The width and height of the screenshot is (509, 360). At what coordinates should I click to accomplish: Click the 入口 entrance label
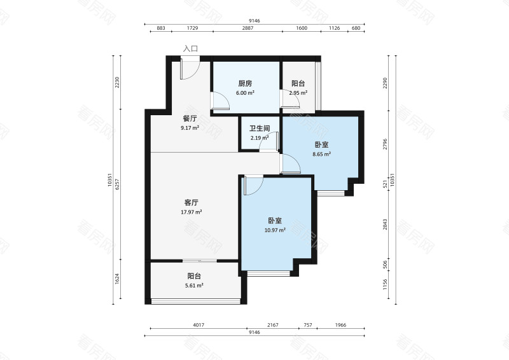(x=190, y=49)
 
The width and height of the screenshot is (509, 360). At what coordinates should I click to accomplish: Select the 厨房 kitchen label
(x=245, y=83)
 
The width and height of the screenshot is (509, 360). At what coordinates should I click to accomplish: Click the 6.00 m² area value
(x=245, y=93)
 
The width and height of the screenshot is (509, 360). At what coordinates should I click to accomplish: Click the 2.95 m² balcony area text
(x=298, y=93)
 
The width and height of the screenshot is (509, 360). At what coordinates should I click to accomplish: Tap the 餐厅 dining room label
(x=190, y=118)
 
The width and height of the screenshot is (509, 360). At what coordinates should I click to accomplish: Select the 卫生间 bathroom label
(x=260, y=128)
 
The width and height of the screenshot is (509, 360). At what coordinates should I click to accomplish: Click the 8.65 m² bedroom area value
(x=322, y=154)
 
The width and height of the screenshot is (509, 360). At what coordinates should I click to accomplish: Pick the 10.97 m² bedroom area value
(x=275, y=230)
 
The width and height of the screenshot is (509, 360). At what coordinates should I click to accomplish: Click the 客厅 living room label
(x=192, y=202)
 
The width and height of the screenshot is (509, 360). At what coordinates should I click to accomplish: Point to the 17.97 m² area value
(x=192, y=212)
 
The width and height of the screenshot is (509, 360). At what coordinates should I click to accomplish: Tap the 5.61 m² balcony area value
(x=194, y=286)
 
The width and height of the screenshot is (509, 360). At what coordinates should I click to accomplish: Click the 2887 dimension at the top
(x=248, y=28)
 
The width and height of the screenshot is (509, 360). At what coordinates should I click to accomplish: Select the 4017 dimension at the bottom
(x=199, y=324)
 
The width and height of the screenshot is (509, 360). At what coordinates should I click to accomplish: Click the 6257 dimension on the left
(x=118, y=184)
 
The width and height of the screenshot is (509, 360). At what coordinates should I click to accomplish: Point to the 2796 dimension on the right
(x=385, y=144)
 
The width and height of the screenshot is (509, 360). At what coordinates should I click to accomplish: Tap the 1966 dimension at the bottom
(x=340, y=324)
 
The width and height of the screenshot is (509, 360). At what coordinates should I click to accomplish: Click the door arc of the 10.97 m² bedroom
(x=259, y=189)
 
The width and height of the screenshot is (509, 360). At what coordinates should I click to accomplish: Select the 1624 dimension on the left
(x=118, y=279)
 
